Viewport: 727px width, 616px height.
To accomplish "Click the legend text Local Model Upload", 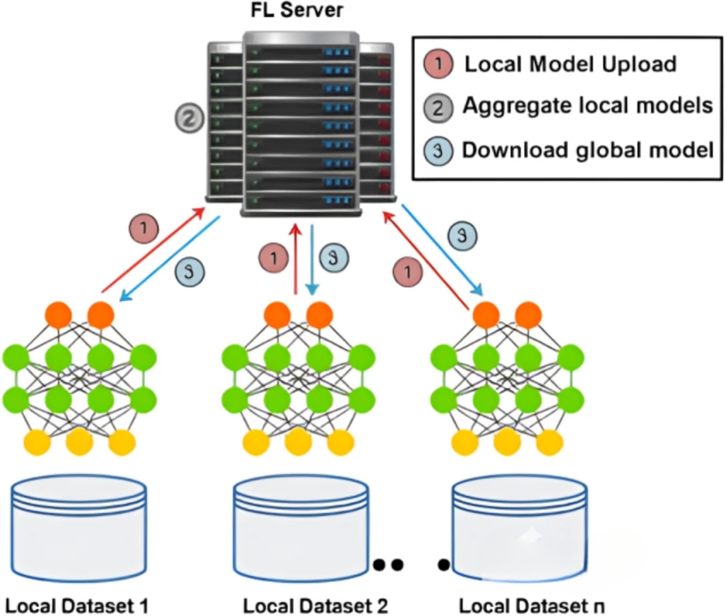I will pos(571,64).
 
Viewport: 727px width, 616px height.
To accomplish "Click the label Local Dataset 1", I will pos(77,606).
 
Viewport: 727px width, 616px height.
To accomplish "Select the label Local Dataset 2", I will pos(316,606).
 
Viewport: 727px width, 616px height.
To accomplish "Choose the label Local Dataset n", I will pos(532,606).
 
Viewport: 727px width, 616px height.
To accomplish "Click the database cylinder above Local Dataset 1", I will pos(79,529).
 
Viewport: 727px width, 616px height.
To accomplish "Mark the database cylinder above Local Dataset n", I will pos(520,529).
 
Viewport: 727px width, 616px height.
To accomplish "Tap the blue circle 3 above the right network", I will pos(463,235).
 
